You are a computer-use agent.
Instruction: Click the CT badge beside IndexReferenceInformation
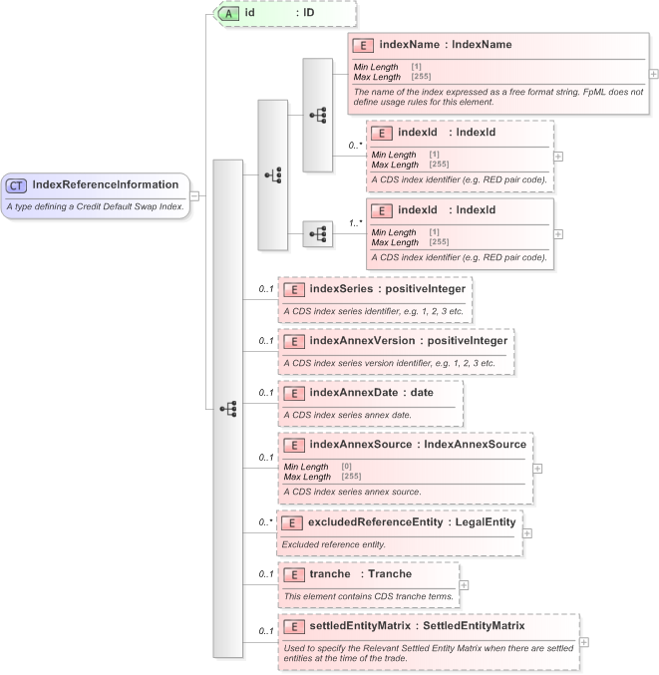(x=17, y=184)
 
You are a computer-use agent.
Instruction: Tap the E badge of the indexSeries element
(x=294, y=289)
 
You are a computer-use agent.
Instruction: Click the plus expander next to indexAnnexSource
(x=538, y=468)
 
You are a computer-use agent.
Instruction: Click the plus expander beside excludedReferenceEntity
(x=527, y=532)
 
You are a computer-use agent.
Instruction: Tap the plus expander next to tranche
(x=464, y=584)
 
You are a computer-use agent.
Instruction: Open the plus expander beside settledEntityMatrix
(x=584, y=643)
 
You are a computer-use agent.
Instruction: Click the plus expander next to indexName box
(x=653, y=74)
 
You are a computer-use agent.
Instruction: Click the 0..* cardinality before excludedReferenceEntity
(x=266, y=521)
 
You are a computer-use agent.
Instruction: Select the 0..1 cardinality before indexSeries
(x=266, y=289)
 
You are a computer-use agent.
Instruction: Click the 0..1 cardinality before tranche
(x=266, y=574)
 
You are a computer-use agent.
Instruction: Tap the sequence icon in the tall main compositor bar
(x=227, y=409)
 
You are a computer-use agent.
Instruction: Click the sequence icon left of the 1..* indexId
(x=318, y=234)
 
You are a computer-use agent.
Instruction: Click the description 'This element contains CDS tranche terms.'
(x=368, y=596)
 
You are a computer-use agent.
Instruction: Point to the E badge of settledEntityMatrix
(x=294, y=626)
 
